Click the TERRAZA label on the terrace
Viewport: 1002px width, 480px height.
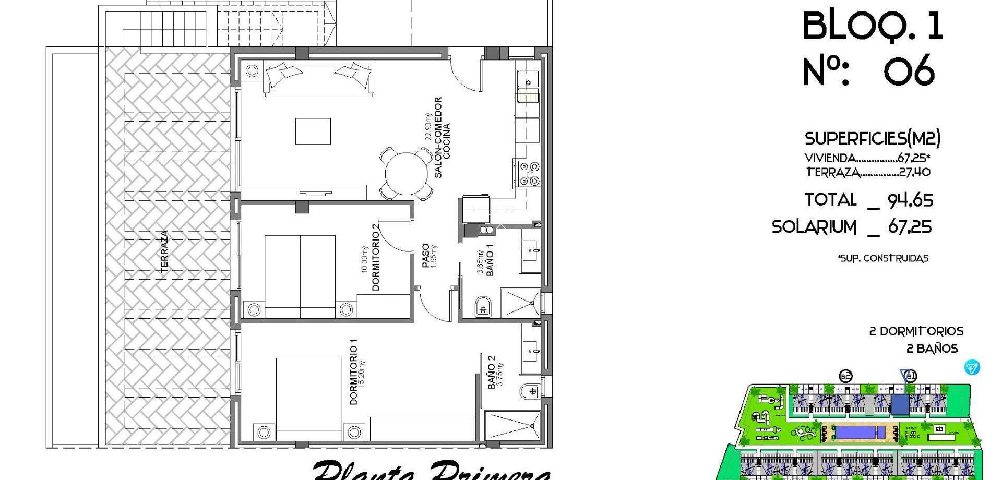coord(164,251)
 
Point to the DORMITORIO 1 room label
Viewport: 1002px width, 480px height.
coord(354,371)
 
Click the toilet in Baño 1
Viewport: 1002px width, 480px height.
coord(483,307)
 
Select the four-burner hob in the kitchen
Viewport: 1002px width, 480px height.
coord(528,174)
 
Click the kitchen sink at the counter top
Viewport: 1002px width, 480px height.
coord(528,81)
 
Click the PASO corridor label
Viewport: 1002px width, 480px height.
coord(426,256)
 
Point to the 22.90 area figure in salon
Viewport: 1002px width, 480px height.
coord(428,127)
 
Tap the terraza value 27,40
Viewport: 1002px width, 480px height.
coord(914,172)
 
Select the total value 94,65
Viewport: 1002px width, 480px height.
coord(910,200)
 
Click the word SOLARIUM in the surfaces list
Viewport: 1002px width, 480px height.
coord(814,227)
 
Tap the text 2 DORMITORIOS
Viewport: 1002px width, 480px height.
coord(916,331)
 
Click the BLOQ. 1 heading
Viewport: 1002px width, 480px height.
coord(872,26)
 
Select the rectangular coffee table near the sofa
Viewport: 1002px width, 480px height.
coord(313,131)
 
